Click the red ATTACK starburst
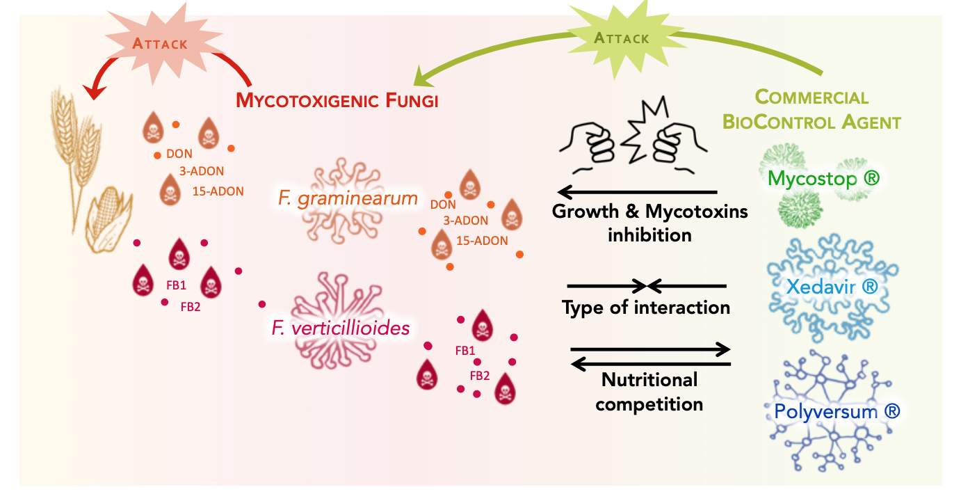click(x=160, y=44)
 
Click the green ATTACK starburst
click(x=621, y=38)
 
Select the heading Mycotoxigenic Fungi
click(x=337, y=100)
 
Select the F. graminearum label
click(x=348, y=198)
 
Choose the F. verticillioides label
click(x=341, y=327)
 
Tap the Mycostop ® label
click(x=823, y=178)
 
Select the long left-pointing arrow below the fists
click(x=636, y=192)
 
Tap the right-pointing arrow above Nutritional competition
click(x=650, y=349)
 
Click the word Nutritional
click(x=649, y=380)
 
